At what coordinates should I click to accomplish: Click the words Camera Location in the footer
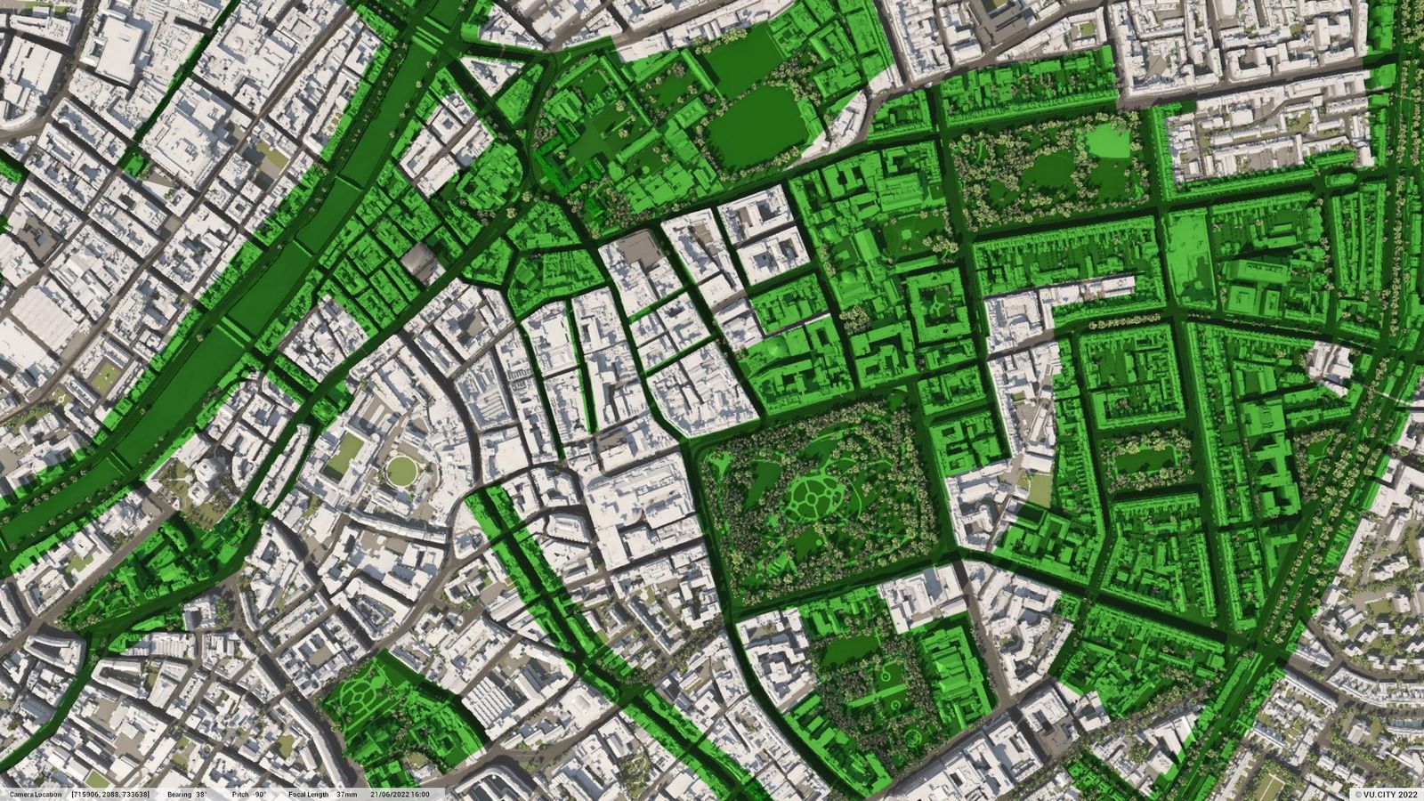click(x=36, y=794)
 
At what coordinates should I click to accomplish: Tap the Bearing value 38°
click(x=201, y=794)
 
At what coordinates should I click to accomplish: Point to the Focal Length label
click(x=308, y=794)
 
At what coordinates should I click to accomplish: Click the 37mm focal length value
click(x=347, y=794)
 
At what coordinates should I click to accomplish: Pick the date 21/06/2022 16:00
click(x=400, y=794)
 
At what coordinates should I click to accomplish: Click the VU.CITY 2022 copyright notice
click(x=1386, y=795)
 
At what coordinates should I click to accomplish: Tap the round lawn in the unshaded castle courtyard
click(x=403, y=469)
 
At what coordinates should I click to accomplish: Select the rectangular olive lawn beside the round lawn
click(x=345, y=453)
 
